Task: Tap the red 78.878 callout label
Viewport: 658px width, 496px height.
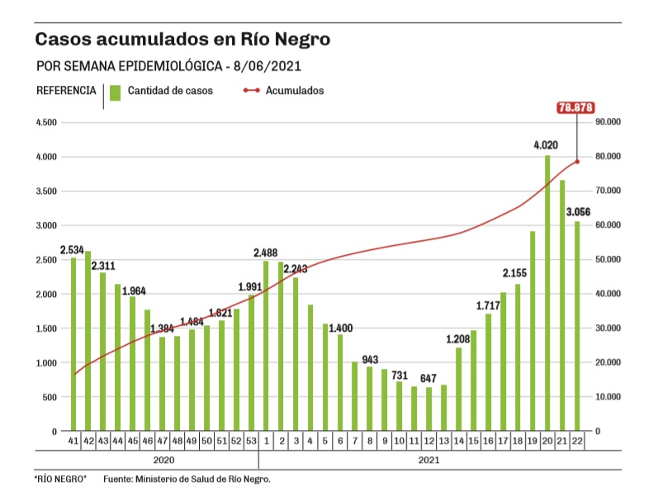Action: tap(576, 107)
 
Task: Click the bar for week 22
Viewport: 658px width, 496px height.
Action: tap(577, 326)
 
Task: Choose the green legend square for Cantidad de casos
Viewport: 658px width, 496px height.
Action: tap(116, 91)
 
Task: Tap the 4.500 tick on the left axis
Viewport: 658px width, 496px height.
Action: tap(45, 122)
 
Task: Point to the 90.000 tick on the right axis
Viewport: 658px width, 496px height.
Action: tap(608, 122)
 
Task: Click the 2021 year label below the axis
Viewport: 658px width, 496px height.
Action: tap(428, 459)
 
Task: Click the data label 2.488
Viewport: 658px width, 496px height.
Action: tap(267, 252)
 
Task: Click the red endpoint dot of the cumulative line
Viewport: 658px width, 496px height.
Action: tap(577, 161)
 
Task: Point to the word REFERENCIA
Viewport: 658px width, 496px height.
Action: tap(66, 91)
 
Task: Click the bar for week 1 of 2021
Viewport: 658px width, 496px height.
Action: tap(266, 346)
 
